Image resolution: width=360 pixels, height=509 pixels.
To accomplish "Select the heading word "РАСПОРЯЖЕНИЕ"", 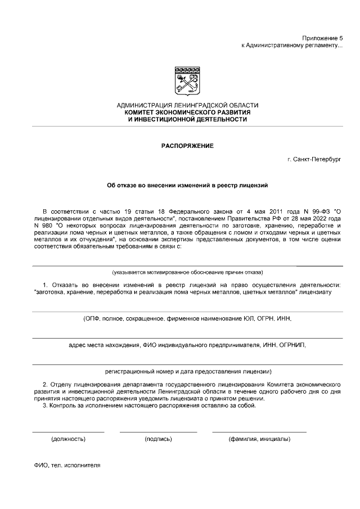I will (187, 146).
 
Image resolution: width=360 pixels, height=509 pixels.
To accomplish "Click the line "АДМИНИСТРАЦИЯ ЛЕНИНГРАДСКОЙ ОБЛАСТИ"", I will (187, 105).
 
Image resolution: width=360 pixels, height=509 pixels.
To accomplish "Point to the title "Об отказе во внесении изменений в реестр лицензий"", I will (187, 184).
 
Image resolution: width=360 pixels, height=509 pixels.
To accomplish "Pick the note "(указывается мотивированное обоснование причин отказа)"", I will (187, 272).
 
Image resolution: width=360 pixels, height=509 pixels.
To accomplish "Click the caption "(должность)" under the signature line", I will (68, 438).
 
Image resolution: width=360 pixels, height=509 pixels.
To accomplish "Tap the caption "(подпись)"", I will (158, 438).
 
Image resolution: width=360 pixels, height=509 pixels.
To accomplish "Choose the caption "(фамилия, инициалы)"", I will (259, 438).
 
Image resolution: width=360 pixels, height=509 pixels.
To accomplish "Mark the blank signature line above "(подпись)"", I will (158, 432).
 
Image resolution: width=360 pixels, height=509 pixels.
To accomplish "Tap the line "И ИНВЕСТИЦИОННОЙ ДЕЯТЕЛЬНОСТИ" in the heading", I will (187, 120).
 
